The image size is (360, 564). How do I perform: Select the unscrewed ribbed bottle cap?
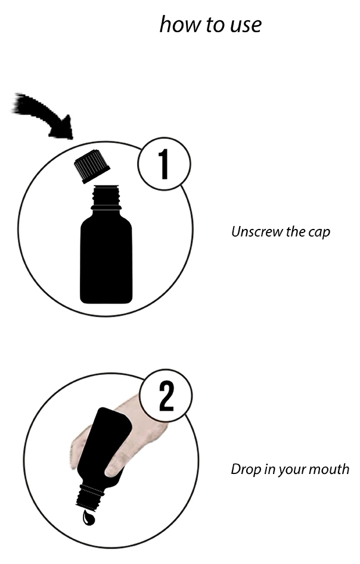[x=92, y=166]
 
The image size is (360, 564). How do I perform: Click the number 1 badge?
[x=164, y=164]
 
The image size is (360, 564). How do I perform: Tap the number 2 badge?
[x=166, y=396]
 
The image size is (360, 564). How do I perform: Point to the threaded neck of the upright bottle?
[x=106, y=198]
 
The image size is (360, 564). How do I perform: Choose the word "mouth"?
[x=329, y=469]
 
